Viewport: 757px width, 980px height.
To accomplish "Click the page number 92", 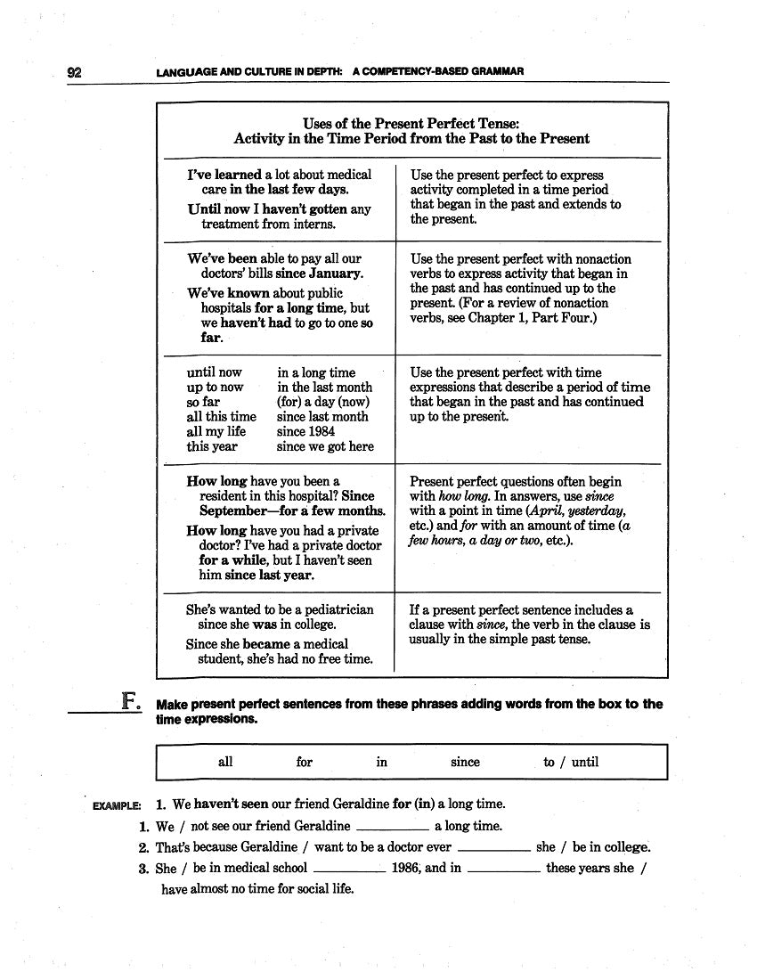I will click(75, 72).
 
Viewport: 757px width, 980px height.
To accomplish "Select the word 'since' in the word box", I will click(465, 762).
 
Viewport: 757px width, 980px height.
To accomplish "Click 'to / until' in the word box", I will click(571, 762).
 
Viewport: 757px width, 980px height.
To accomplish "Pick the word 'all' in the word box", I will click(225, 762).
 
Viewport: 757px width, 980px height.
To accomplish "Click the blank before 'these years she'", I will click(503, 868).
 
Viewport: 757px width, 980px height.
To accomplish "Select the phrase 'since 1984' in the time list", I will click(306, 432).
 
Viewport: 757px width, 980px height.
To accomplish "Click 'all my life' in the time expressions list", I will click(216, 432).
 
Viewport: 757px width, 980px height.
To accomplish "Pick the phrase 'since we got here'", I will click(325, 447).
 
